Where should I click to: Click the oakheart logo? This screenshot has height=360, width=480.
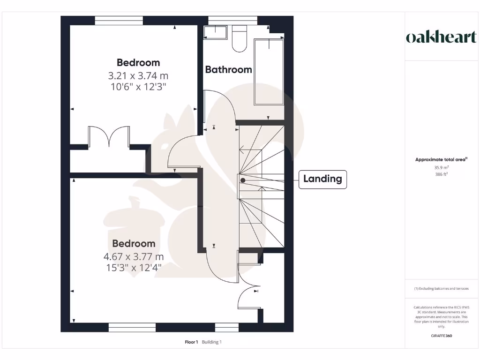(x=441, y=37)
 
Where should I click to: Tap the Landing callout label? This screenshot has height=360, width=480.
(x=322, y=179)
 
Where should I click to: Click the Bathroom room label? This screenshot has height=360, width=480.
(x=228, y=70)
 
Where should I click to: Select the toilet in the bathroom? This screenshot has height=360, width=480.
(x=240, y=38)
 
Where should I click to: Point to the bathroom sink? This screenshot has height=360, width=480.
(x=216, y=32)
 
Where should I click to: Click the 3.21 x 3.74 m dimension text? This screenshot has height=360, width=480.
(x=138, y=75)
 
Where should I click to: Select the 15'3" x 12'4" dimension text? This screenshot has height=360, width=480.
(x=134, y=268)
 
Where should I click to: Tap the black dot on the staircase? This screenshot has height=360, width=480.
(x=242, y=180)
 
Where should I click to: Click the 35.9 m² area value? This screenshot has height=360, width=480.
(x=441, y=167)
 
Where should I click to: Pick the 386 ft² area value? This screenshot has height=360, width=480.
(x=441, y=174)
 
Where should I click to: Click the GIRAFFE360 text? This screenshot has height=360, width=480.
(x=441, y=336)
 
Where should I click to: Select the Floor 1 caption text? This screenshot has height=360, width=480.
(x=191, y=342)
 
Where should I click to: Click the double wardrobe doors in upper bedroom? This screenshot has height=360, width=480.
(x=109, y=137)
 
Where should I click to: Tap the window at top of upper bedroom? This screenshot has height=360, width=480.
(x=119, y=20)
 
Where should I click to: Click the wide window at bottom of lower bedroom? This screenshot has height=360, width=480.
(x=132, y=327)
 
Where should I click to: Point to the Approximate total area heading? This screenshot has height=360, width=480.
(x=441, y=159)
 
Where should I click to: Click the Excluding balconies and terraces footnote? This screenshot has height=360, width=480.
(x=441, y=289)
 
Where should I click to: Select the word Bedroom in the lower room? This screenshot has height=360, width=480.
(x=134, y=244)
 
